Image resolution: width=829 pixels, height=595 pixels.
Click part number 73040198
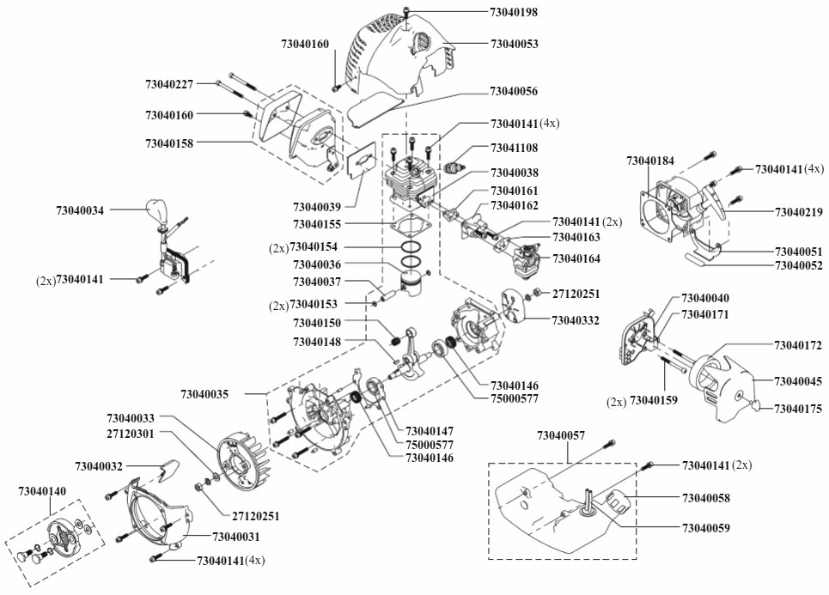514,12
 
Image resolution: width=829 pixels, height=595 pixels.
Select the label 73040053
514,43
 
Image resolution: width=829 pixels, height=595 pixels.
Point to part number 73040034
80,210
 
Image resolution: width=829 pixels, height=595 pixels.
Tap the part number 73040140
42,491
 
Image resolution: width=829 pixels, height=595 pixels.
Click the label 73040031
235,537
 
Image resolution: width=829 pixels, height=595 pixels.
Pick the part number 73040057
561,435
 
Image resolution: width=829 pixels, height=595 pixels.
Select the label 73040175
798,409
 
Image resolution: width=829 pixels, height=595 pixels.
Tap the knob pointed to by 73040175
757,405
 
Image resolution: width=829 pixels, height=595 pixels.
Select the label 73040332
576,320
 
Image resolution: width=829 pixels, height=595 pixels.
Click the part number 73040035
204,394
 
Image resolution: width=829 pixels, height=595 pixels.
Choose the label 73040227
169,83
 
